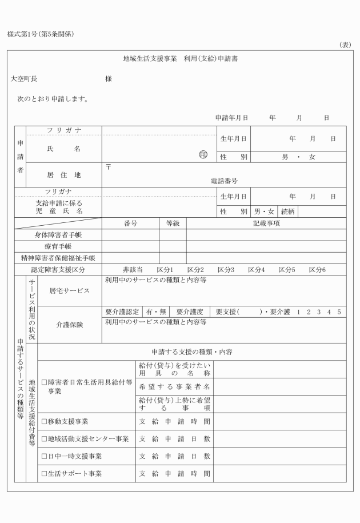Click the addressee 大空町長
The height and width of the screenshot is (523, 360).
pos(23,79)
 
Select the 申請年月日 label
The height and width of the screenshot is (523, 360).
pos(231,117)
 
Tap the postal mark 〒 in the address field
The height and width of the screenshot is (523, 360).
pos(109,167)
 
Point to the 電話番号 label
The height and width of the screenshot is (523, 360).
pos(224,181)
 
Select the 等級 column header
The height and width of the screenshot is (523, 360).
pos(173,223)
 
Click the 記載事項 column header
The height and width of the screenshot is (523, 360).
pos(266,223)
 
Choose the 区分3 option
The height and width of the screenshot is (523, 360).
pos(226,269)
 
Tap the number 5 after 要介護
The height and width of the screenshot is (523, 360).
pos(339,312)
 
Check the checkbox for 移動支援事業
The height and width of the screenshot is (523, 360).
pos(44,422)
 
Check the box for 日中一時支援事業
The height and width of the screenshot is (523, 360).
pos(44,456)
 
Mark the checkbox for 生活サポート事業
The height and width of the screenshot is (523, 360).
pos(44,474)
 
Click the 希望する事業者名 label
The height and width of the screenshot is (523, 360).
pos(175,386)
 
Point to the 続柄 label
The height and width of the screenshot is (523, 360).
pos(288,211)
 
